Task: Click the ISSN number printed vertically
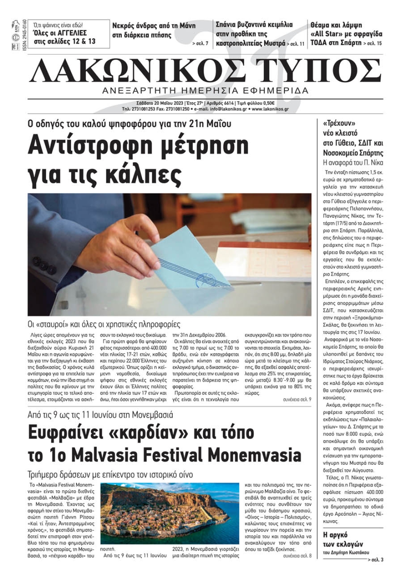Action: pyautogui.click(x=25, y=34)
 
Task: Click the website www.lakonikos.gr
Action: pyautogui.click(x=270, y=109)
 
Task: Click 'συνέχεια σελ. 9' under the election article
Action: pyautogui.click(x=297, y=399)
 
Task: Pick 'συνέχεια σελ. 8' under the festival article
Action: pyautogui.click(x=297, y=556)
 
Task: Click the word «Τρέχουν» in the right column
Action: pyautogui.click(x=339, y=123)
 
